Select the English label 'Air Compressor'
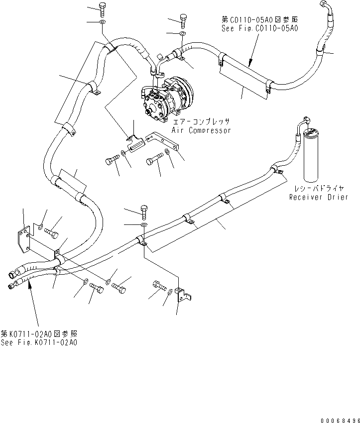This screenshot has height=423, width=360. pos(201,130)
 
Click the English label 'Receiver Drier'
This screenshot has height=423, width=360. pos(317,197)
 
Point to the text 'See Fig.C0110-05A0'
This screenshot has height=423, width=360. pos(259,29)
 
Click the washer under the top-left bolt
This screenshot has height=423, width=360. pos(102,22)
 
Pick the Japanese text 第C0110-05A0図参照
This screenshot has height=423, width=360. pos(259,20)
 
